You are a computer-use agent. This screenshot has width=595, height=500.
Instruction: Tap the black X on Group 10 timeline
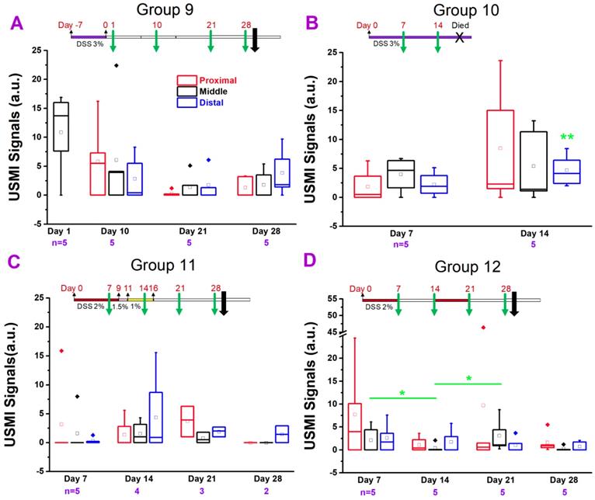461,36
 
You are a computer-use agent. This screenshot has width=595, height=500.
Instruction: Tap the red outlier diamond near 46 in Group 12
483,328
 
